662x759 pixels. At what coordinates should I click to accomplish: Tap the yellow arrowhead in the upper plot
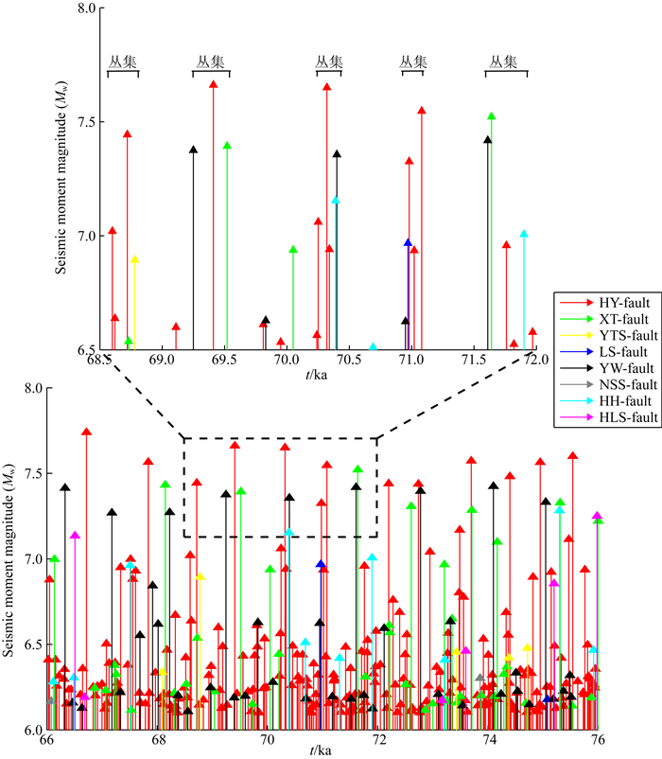[x=134, y=259]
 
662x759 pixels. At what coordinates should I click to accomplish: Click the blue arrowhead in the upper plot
[x=408, y=243]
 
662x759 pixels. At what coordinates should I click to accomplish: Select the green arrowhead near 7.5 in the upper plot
[x=491, y=116]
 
